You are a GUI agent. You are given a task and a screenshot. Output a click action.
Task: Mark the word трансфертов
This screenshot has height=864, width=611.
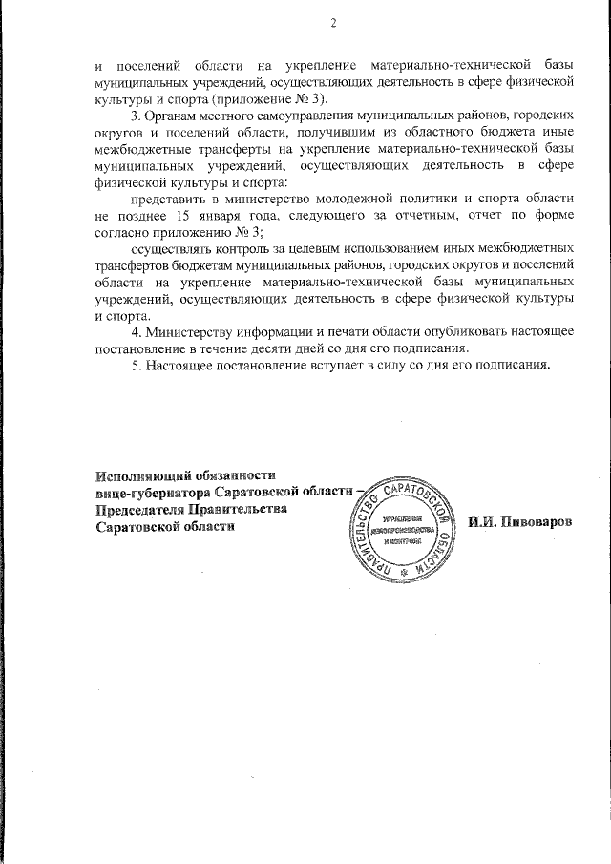132,265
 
